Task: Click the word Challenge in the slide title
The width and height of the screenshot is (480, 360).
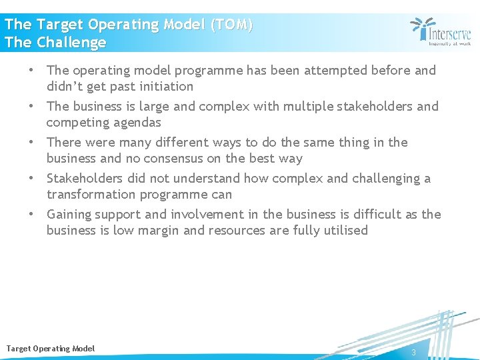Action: (71, 43)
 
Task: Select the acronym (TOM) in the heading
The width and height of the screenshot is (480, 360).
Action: (231, 25)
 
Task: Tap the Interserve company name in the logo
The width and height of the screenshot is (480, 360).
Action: (449, 33)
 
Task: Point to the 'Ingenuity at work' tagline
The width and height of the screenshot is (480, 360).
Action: (449, 44)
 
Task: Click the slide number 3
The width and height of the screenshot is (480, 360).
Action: (413, 352)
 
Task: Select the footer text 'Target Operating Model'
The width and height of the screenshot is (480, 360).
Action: (51, 349)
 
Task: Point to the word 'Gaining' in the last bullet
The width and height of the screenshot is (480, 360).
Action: (69, 214)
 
